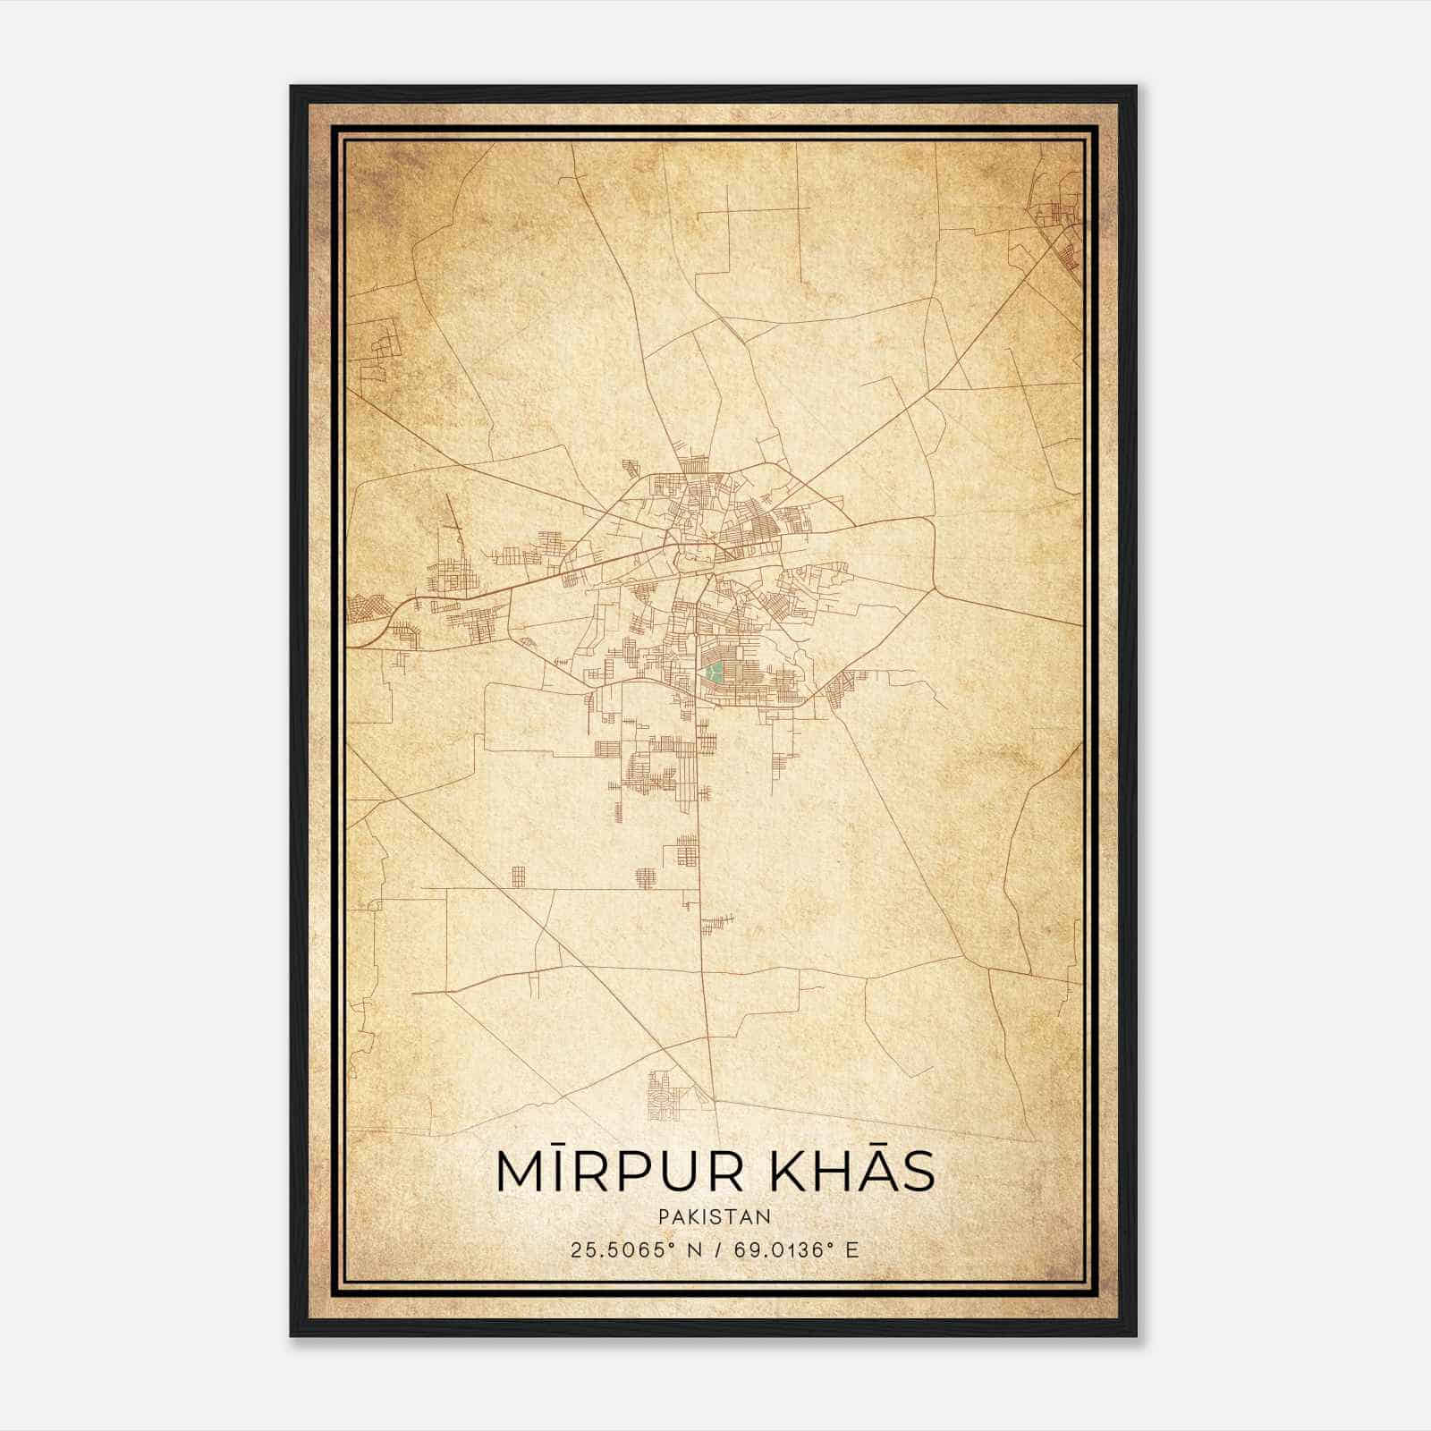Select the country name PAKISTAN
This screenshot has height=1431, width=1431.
coord(715,1217)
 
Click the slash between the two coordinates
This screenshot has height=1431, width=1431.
coord(720,1249)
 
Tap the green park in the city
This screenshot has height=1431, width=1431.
coord(713,673)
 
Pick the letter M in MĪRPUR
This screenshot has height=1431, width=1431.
coord(520,1172)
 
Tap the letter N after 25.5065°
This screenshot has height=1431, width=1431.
coord(695,1249)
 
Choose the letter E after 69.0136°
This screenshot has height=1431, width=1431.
coord(852,1249)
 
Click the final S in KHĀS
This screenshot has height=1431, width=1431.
coord(918,1172)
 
